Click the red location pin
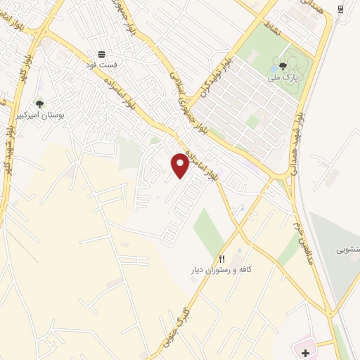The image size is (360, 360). [180, 165]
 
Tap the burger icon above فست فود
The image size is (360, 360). [103, 54]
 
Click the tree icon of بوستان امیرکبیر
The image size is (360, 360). [39, 104]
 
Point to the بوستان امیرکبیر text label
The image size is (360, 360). [40, 115]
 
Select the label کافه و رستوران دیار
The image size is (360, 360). [223, 270]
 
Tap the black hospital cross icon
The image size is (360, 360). [306, 351]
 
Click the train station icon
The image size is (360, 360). [340, 8]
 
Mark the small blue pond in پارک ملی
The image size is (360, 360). [274, 72]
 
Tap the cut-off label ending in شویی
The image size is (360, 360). [348, 250]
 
